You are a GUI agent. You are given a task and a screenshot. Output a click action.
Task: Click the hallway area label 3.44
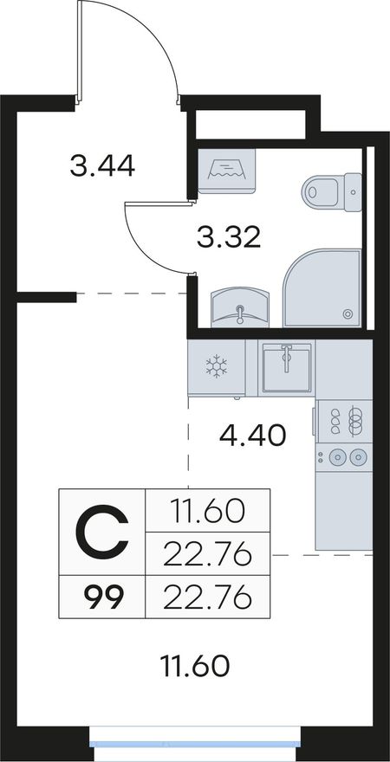pos(102,165)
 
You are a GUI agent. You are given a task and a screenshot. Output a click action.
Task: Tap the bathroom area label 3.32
pos(229,237)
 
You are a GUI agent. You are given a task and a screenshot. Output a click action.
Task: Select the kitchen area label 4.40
pos(252,435)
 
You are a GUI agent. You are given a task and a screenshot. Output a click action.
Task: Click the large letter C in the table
pos(102,533)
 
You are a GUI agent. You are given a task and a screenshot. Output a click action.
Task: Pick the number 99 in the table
pos(102,597)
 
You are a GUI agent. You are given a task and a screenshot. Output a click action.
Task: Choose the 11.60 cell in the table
pos(208,511)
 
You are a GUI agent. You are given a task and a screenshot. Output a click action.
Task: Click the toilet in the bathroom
pos(332,191)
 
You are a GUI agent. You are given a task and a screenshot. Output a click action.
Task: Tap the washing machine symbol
pos(226,171)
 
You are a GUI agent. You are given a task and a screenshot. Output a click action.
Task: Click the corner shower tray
pos(322,287)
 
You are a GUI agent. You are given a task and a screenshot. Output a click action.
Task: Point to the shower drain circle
pos(348,314)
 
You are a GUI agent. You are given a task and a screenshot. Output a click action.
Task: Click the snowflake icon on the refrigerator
pos(217,366)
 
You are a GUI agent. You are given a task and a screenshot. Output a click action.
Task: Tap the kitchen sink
pos(286,367)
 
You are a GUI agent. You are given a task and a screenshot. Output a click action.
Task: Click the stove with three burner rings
pos(344,421)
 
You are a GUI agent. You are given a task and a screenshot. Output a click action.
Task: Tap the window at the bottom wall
pos(195,745)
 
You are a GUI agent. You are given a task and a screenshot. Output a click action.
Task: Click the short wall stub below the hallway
pos(46,297)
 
